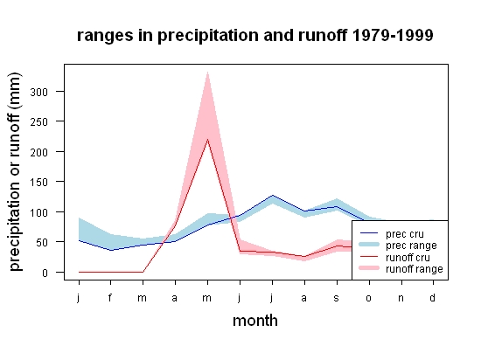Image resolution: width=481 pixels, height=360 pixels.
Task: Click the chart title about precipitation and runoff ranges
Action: [x=254, y=36]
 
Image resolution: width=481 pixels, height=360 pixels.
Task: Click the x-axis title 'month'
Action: [x=255, y=321]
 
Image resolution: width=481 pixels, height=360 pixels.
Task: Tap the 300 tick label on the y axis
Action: [x=39, y=92]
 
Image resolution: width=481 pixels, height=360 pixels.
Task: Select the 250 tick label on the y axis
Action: [x=39, y=122]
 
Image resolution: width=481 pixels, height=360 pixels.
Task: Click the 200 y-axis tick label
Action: [x=39, y=152]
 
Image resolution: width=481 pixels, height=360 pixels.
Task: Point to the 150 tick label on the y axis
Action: [x=39, y=182]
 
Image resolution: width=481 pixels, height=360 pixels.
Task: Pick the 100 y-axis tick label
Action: [x=39, y=212]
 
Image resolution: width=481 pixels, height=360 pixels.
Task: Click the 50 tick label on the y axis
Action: [x=42, y=242]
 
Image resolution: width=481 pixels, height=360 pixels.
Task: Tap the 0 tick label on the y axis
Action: [x=45, y=273]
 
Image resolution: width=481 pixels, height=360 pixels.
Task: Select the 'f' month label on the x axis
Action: [x=110, y=297]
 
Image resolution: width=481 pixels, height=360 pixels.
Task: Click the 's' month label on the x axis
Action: [x=337, y=298]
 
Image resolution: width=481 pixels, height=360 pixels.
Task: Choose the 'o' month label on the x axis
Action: [x=369, y=298]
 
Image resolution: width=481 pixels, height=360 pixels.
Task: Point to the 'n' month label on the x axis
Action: [x=401, y=298]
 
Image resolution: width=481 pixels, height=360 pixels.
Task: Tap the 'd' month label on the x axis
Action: [x=433, y=297]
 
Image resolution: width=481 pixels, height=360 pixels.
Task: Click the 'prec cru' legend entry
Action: [x=392, y=234]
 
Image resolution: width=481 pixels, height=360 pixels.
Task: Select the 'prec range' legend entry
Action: [x=398, y=246]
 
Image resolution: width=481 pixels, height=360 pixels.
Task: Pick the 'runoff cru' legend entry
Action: [x=394, y=257]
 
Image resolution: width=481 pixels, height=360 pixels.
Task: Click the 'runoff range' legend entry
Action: [x=401, y=268]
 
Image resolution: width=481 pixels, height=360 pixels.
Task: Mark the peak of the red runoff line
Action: [x=207, y=140]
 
